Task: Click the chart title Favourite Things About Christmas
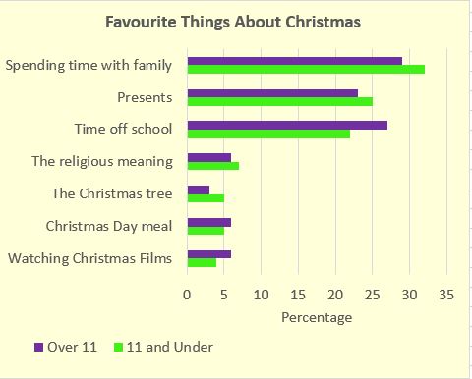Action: pos(235,22)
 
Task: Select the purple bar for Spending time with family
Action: pos(294,61)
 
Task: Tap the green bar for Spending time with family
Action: pos(305,71)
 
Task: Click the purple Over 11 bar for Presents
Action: pos(272,93)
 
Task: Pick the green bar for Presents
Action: pos(279,102)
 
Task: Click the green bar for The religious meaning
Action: pos(212,166)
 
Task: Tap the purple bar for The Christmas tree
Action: pos(198,189)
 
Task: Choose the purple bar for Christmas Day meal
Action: pos(208,222)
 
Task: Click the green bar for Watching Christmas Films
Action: pos(202,263)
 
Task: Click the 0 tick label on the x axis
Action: pos(187,294)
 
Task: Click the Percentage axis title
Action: pos(316,317)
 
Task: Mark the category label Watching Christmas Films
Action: pos(90,258)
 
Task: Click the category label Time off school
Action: pos(124,129)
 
